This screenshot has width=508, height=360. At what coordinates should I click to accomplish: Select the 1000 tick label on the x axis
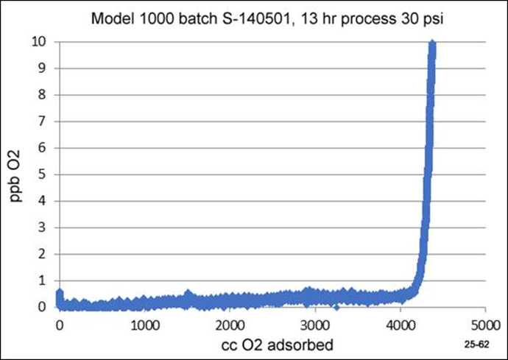[144, 325]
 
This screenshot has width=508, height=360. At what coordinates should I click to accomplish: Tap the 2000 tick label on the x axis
[230, 325]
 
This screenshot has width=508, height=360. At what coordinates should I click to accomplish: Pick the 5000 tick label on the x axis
[484, 325]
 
